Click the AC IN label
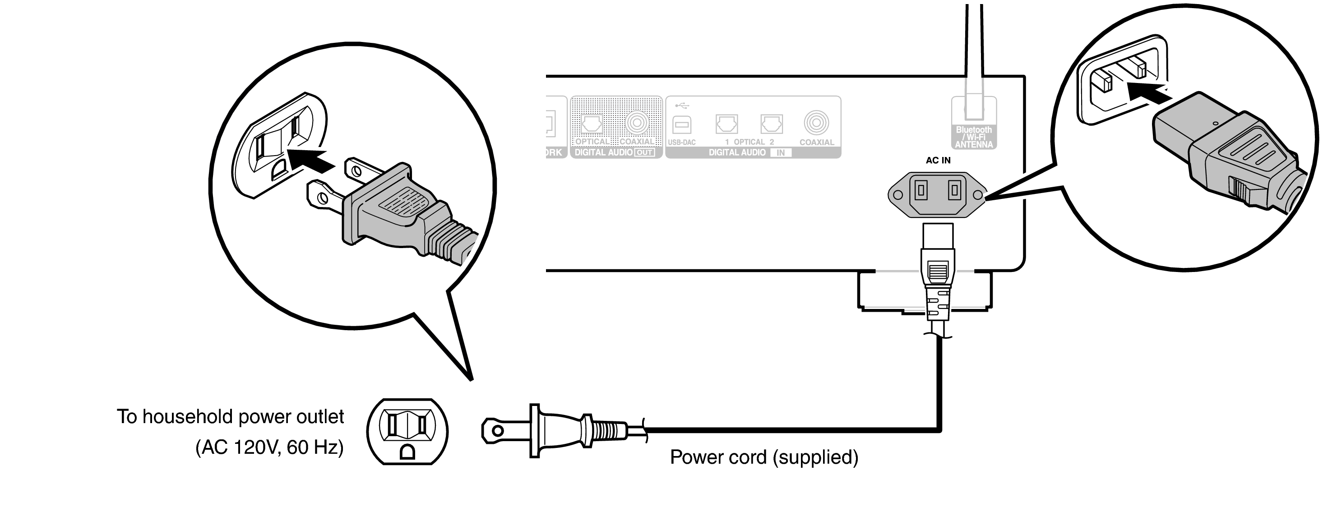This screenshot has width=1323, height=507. pyautogui.click(x=938, y=160)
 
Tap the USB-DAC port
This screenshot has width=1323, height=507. pyautogui.click(x=681, y=124)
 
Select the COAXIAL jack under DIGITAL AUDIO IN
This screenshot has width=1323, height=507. pyautogui.click(x=816, y=123)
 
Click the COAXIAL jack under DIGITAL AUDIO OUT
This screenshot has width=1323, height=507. pyautogui.click(x=637, y=123)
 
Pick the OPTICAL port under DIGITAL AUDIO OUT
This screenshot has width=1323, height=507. pyautogui.click(x=592, y=124)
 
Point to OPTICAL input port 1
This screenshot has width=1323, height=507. pyautogui.click(x=726, y=124)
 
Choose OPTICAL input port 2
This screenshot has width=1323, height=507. pyautogui.click(x=772, y=124)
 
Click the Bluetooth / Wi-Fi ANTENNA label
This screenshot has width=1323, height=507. pyautogui.click(x=974, y=137)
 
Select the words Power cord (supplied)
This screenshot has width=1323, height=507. pyautogui.click(x=764, y=457)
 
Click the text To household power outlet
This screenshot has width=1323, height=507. pyautogui.click(x=230, y=416)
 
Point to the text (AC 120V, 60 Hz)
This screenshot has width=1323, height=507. pyautogui.click(x=269, y=447)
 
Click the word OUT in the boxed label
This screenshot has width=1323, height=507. pyautogui.click(x=644, y=152)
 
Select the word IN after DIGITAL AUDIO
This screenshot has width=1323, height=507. pyautogui.click(x=780, y=152)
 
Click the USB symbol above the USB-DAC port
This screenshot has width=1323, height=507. pyautogui.click(x=681, y=106)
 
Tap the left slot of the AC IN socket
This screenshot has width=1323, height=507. pyautogui.click(x=921, y=191)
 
